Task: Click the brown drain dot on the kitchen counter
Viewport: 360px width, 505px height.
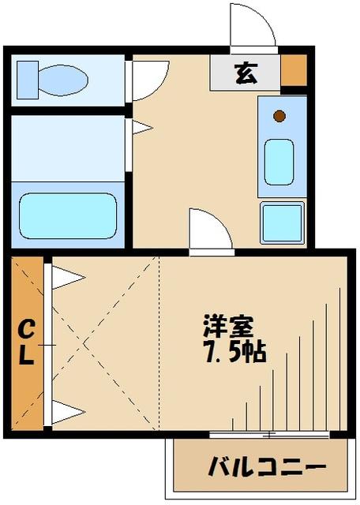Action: click(279, 117)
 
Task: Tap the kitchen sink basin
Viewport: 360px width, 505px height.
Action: click(279, 162)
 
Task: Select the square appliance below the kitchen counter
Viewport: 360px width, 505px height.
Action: click(283, 222)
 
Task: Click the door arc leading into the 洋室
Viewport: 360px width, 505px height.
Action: click(208, 230)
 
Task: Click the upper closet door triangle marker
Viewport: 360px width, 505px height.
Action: click(68, 277)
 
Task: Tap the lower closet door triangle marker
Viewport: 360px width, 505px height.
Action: click(68, 411)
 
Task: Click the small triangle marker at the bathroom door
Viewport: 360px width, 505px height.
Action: click(141, 126)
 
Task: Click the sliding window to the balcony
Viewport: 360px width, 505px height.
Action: click(268, 435)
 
